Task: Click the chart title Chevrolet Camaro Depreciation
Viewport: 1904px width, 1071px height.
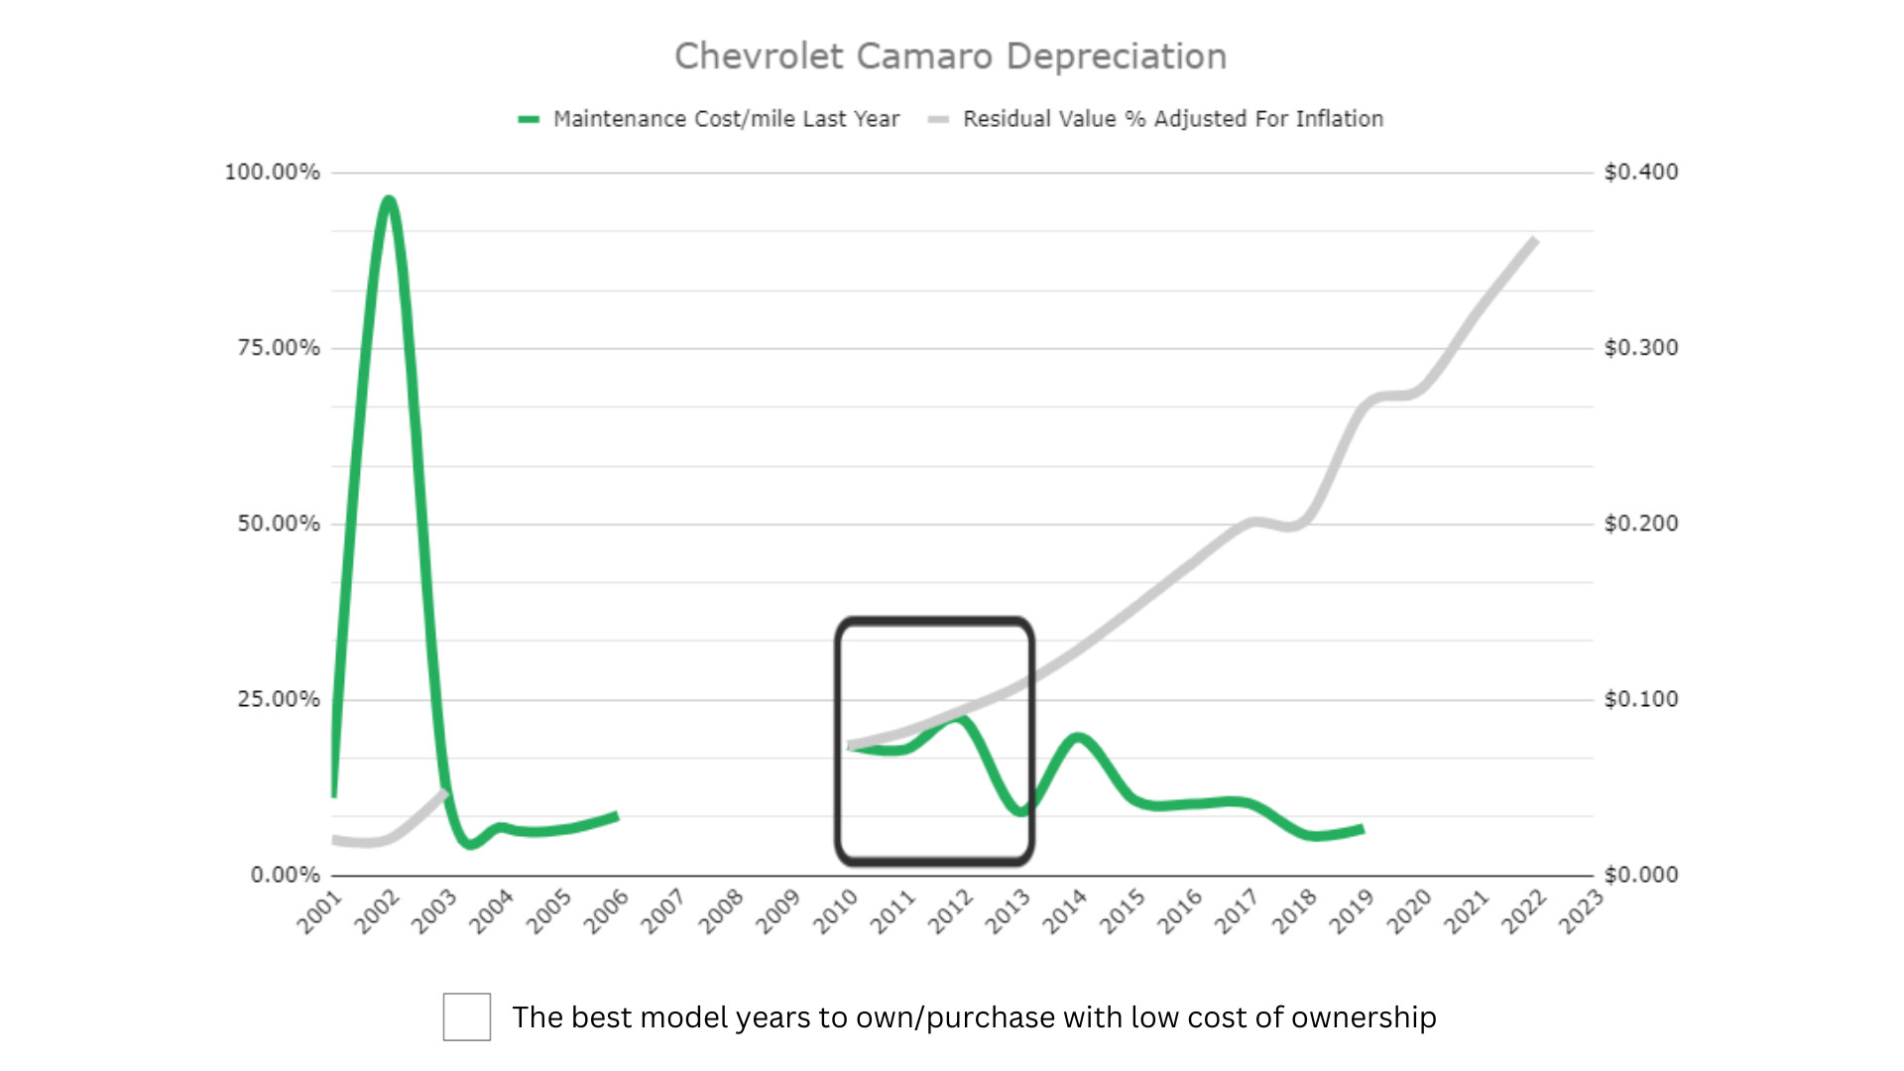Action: [950, 57]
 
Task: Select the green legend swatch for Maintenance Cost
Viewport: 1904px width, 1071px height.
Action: [529, 119]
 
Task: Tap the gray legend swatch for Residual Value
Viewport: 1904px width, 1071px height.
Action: [938, 119]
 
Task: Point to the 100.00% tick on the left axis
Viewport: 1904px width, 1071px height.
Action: [273, 173]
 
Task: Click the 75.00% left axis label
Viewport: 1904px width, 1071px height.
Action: [279, 348]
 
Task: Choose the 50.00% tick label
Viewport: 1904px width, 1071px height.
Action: [279, 524]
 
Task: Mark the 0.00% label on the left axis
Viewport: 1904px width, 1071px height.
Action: [286, 875]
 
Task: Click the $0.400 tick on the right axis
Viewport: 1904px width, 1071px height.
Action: [1641, 173]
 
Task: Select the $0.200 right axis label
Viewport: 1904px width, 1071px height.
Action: [1641, 524]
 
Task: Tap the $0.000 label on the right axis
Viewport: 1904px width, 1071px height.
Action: [1641, 875]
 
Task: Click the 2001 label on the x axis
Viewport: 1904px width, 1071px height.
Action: [319, 911]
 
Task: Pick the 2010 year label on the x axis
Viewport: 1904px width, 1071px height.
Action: [835, 911]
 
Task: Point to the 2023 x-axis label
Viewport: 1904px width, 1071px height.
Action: [1581, 911]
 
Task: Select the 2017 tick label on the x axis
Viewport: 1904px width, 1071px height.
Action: [1237, 911]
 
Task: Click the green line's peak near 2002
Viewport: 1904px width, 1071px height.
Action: [389, 200]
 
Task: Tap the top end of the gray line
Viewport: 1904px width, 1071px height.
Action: [1534, 241]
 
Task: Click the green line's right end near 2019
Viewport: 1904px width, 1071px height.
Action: [1362, 829]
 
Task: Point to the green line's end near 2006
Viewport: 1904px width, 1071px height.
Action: [616, 816]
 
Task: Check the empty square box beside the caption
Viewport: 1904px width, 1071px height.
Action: [467, 1016]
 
